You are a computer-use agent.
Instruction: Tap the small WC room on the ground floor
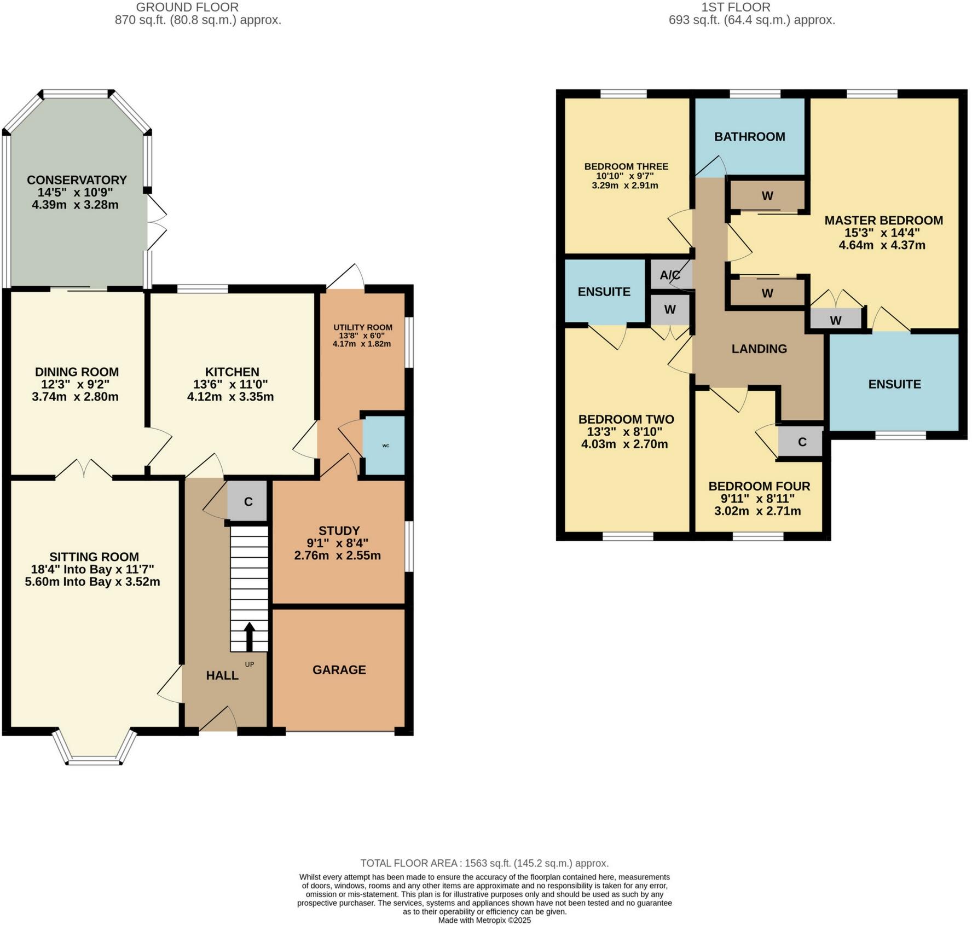click(385, 446)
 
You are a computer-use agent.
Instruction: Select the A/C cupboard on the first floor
click(670, 275)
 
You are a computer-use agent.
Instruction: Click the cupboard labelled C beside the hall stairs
click(248, 501)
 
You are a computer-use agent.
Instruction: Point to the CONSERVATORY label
click(77, 180)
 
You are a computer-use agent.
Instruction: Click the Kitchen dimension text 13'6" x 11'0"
click(230, 384)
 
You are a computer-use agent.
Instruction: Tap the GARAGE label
click(339, 670)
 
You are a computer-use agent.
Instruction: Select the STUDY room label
click(339, 530)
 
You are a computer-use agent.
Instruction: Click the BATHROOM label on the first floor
click(749, 137)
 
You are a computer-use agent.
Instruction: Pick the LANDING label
click(759, 349)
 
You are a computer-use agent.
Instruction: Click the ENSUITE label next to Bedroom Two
click(604, 292)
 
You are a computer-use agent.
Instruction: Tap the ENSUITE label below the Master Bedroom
click(894, 384)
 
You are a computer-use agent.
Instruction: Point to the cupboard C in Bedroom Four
click(802, 442)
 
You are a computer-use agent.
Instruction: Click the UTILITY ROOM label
click(363, 327)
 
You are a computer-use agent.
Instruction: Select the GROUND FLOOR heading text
click(187, 8)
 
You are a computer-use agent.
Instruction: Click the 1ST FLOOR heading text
click(736, 8)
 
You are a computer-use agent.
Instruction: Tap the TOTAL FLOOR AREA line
click(484, 863)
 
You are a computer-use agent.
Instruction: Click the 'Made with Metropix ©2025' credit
click(484, 920)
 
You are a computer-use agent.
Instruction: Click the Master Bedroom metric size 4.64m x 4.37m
click(882, 245)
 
